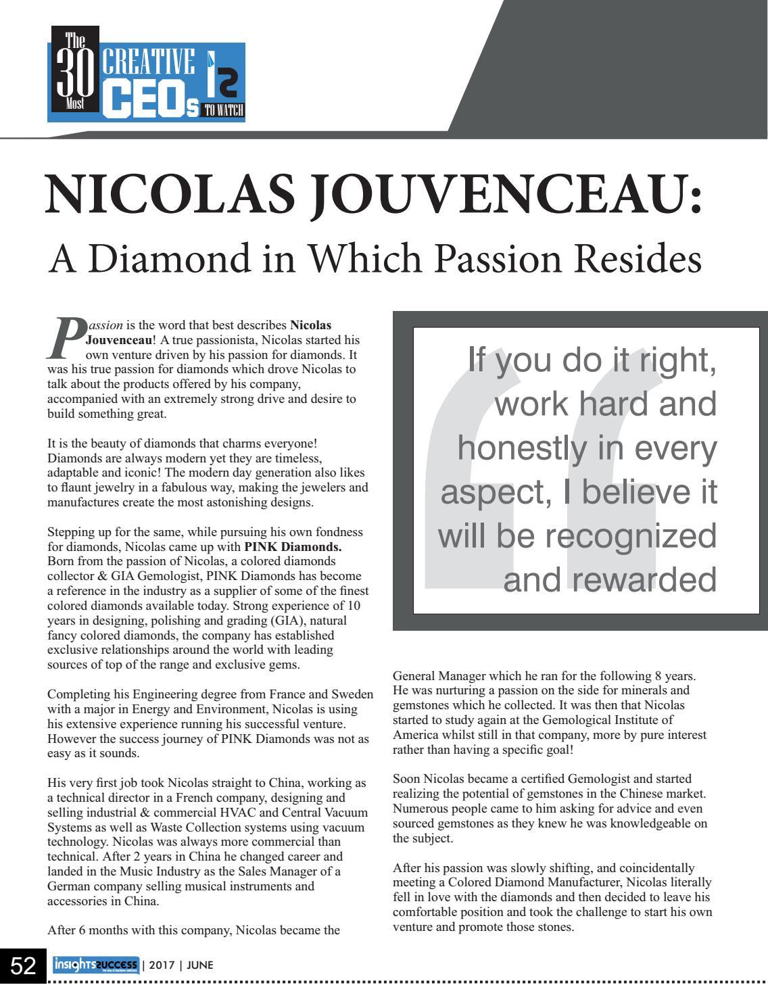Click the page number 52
[23, 966]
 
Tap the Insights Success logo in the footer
[95, 965]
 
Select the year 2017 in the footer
[162, 965]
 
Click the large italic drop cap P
[66, 339]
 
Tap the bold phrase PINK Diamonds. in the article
[293, 546]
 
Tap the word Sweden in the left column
[352, 694]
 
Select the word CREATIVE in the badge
[149, 62]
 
